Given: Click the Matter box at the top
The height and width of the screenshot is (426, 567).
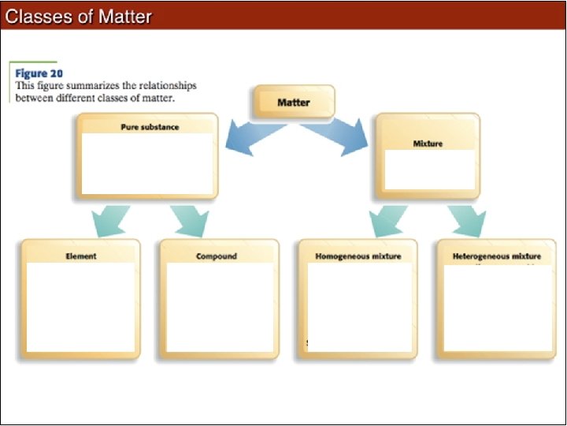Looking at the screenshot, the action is point(293,102).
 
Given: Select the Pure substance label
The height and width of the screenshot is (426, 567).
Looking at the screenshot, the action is point(150,126).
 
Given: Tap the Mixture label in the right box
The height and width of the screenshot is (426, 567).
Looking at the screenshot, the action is point(428,144).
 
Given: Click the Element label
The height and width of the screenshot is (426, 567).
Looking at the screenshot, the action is point(81,256).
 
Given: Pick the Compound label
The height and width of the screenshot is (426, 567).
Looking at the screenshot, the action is point(217,256).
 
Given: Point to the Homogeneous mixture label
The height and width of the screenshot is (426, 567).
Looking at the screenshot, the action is point(358,256).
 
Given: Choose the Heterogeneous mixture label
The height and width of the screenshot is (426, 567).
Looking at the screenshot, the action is point(497,256).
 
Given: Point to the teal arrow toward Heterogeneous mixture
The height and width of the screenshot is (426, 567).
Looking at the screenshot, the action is point(468,220).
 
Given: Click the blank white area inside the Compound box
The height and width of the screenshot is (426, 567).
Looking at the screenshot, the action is point(220,308).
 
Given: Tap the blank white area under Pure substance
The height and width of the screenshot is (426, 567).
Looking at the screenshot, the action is point(147,163).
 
